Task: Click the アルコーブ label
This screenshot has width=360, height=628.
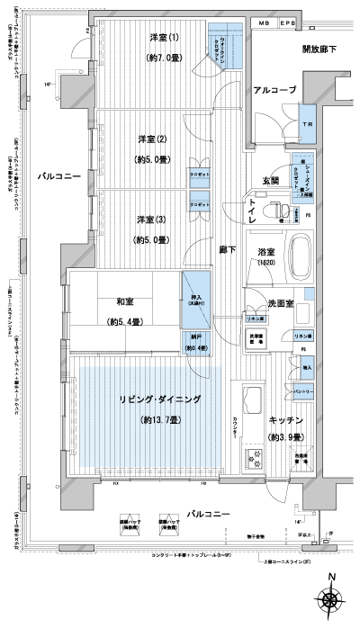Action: (x=275, y=91)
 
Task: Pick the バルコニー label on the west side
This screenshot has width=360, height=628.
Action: (x=60, y=177)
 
